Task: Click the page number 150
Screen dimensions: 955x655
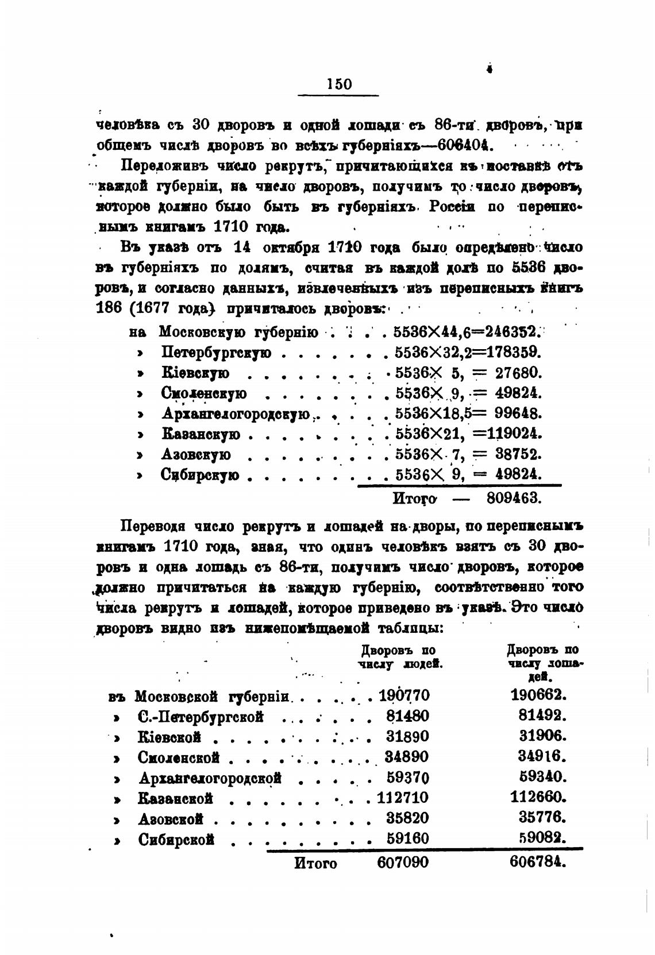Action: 338,84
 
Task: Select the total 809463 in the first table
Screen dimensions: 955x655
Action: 514,497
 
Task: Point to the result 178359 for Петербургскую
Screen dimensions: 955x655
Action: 513,352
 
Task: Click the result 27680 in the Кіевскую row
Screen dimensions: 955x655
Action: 519,373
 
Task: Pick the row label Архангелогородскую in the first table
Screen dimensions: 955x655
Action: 236,413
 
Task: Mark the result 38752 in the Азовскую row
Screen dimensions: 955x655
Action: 519,454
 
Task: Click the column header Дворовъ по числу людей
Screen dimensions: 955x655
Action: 399,656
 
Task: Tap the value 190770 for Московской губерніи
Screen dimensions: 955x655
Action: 404,696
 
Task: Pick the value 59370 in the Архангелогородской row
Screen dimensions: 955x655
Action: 407,778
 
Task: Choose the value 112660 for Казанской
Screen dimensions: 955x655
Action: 538,797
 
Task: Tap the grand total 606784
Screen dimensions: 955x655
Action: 537,862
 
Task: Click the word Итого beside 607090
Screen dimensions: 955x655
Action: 315,863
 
